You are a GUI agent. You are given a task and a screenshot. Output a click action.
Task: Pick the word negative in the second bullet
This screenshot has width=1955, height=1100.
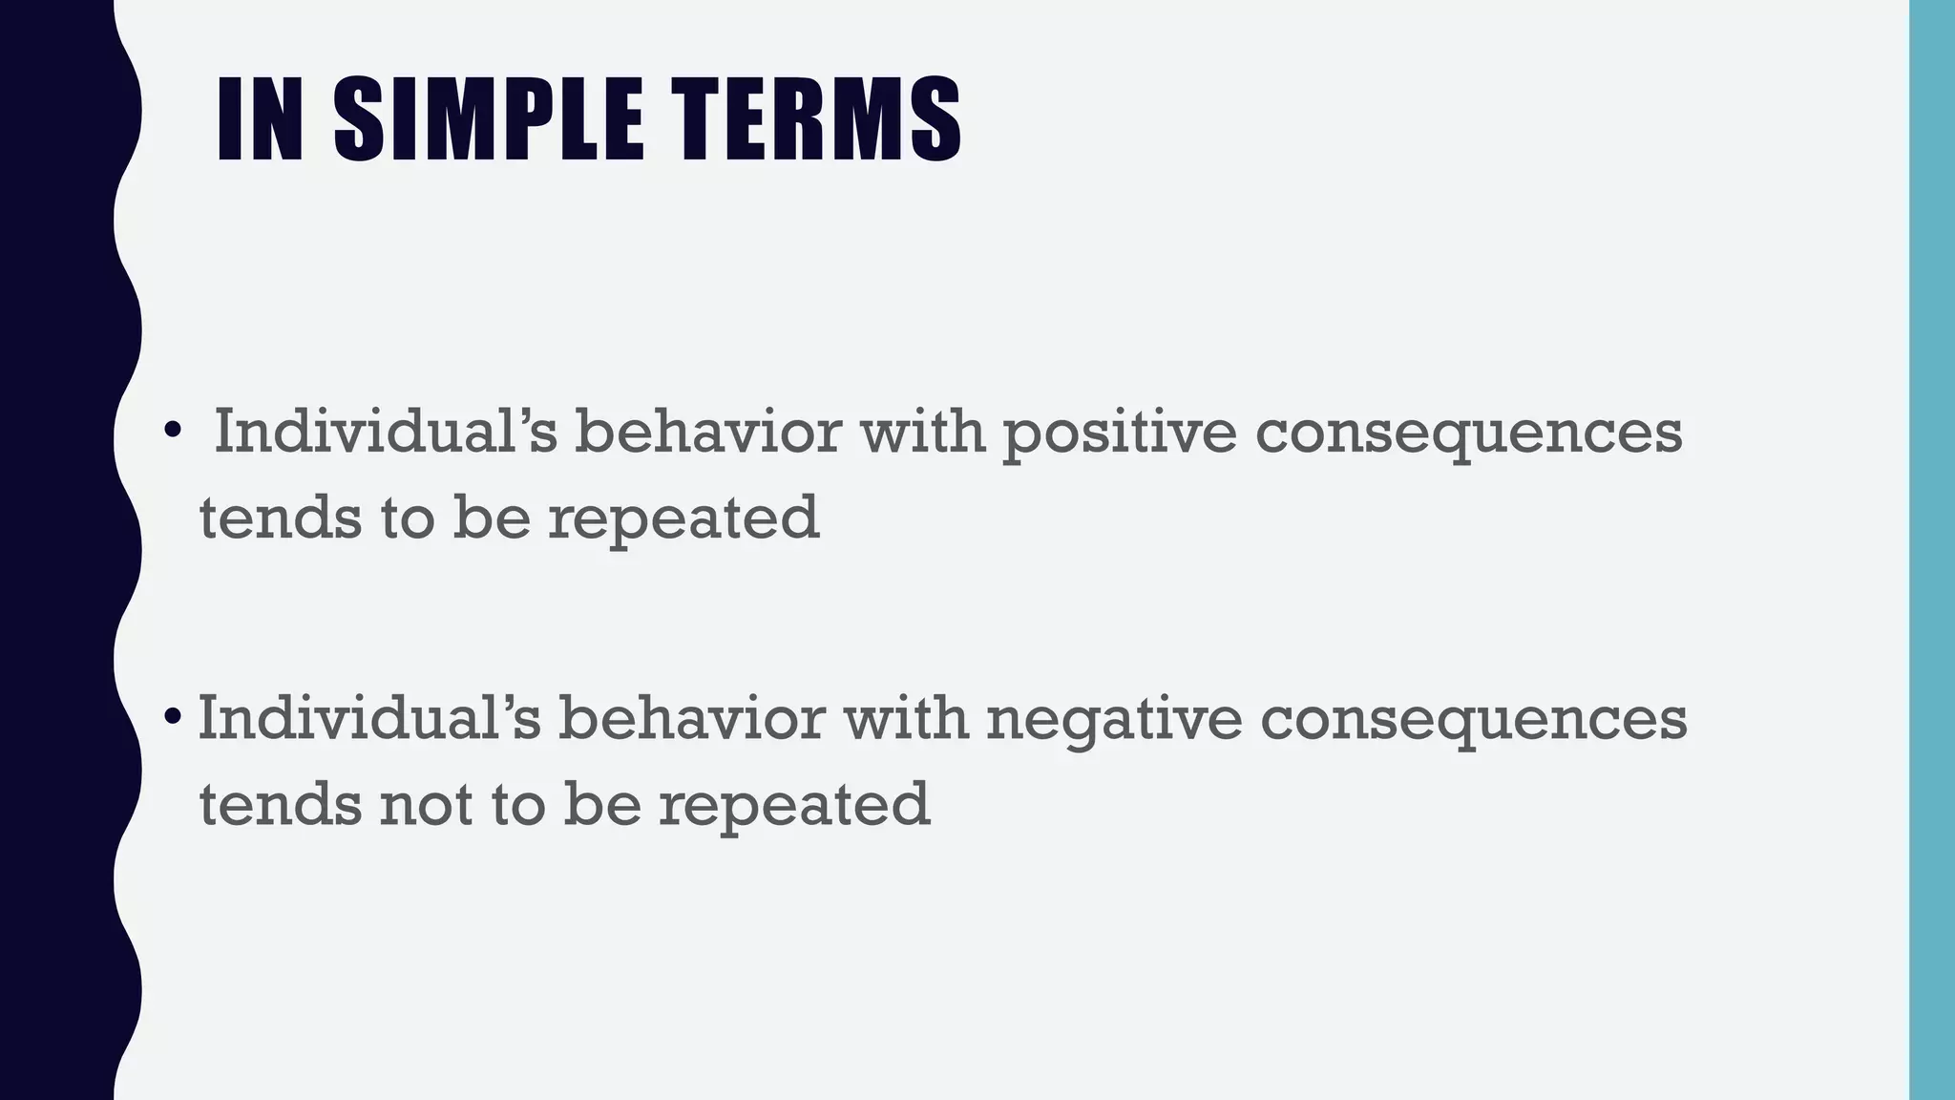tap(1114, 719)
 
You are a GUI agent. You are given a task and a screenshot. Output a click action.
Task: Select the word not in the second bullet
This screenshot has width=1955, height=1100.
tap(426, 804)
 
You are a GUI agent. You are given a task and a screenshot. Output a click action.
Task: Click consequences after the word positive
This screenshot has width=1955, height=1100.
tap(1468, 433)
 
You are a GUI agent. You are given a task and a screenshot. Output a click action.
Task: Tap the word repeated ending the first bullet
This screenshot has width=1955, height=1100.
tap(683, 518)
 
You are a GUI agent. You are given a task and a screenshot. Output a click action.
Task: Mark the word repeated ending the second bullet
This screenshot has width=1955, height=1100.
tap(793, 804)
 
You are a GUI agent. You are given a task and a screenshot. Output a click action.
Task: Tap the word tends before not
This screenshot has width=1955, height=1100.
tap(280, 804)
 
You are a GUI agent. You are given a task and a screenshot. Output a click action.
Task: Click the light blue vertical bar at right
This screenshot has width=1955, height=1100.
tap(1931, 550)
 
